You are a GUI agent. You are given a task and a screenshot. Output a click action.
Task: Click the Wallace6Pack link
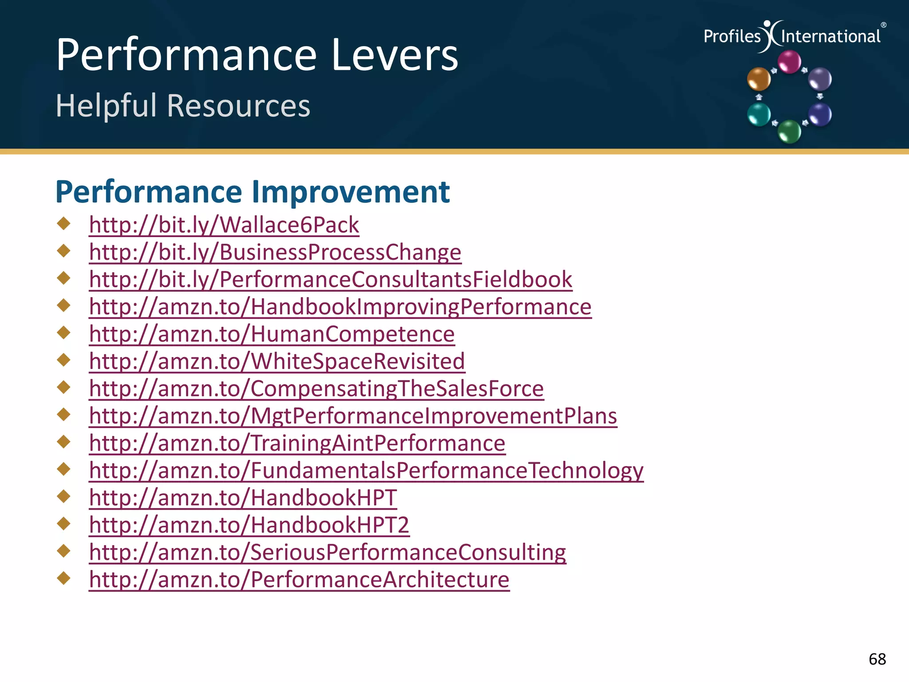224,225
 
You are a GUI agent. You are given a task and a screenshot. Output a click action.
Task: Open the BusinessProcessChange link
275,252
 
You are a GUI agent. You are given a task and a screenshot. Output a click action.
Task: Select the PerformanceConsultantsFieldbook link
330,279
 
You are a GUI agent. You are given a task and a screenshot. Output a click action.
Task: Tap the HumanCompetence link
272,334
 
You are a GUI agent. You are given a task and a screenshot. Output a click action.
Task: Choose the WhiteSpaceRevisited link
277,361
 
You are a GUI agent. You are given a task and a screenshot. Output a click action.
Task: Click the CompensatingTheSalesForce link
316,389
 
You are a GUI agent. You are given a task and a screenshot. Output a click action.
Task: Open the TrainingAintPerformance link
297,443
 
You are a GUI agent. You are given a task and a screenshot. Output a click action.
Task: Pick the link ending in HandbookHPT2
249,525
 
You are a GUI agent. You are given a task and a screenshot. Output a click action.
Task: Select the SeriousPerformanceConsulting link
327,552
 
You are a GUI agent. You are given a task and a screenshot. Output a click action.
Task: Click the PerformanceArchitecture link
299,579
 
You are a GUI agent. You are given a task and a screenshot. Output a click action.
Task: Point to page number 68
877,659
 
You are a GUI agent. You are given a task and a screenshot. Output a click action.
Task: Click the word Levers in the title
394,55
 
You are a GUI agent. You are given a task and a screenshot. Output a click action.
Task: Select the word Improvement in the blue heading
351,192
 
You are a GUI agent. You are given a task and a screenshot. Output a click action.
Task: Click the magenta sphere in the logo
790,61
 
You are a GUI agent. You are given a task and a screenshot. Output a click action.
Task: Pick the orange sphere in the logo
759,79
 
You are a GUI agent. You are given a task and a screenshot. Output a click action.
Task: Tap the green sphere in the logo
790,131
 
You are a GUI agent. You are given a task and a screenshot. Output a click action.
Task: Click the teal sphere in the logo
759,114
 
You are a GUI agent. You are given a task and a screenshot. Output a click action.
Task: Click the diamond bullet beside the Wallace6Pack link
64,223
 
